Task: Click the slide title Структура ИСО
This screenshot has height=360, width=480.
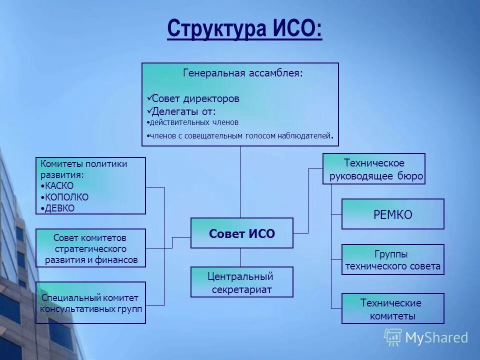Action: pos(244,28)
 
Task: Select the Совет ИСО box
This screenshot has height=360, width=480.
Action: pos(242,233)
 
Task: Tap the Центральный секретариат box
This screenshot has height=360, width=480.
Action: pos(241,282)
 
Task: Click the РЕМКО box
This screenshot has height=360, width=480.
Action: pos(392,214)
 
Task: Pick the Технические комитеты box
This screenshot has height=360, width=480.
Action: pos(392,309)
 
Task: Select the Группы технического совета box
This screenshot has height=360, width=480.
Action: pos(392,260)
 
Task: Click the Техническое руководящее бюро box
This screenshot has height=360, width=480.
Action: pos(374,169)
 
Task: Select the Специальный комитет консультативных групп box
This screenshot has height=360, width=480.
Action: pos(90,303)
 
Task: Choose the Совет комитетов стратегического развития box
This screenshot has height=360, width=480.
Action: pos(90,248)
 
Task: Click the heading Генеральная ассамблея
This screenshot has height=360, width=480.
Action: pos(243,73)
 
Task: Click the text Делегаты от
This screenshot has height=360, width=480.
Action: pos(183,111)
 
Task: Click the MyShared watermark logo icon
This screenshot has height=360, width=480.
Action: pos(393,337)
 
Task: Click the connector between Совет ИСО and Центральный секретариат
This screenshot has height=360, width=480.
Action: pos(240,258)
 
